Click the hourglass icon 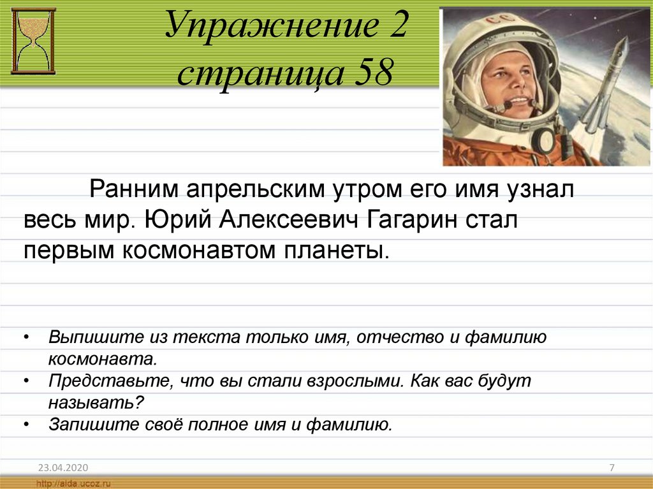click(x=33, y=41)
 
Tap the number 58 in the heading click(x=374, y=71)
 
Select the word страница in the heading click(x=261, y=73)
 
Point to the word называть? click(x=96, y=403)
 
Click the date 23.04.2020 click(x=63, y=468)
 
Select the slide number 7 click(x=612, y=467)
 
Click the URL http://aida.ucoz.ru click(x=74, y=484)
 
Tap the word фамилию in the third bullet click(x=349, y=425)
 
